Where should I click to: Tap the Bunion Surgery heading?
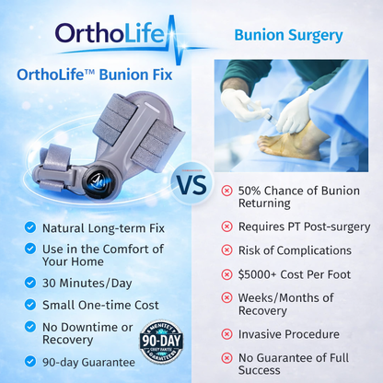tap(288, 36)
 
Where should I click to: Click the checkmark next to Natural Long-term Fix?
tap(31, 226)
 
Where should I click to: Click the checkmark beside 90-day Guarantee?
tap(31, 362)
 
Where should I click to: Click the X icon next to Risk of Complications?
tap(226, 250)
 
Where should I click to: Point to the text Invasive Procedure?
tap(288, 334)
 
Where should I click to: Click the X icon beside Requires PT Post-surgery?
tap(226, 226)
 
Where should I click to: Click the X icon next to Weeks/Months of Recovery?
tap(226, 297)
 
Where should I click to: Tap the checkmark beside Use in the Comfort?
tap(31, 249)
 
